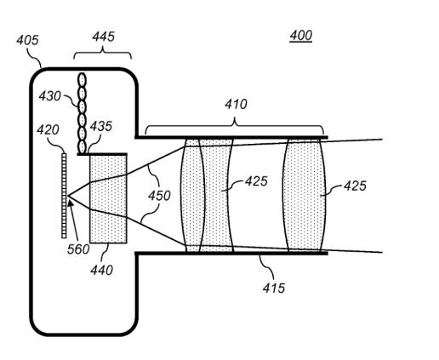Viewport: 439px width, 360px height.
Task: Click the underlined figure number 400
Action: click(301, 36)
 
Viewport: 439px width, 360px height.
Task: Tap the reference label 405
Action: click(27, 40)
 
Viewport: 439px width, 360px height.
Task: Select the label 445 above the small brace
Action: click(103, 37)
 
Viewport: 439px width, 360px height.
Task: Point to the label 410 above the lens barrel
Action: click(236, 104)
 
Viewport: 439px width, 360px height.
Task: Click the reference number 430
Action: click(49, 96)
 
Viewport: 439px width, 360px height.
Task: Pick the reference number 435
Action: click(101, 126)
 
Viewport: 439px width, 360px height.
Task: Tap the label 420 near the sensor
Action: click(48, 130)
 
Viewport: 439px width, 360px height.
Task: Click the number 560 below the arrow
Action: click(78, 249)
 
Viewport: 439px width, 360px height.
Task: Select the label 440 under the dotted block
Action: click(101, 270)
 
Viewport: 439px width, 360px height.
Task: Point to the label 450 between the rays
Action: click(159, 196)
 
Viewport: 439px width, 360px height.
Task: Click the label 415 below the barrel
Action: click(273, 289)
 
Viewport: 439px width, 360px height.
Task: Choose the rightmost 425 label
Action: click(355, 186)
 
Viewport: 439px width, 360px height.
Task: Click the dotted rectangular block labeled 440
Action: click(108, 198)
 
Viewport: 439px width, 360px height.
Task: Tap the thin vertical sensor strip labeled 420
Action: click(64, 196)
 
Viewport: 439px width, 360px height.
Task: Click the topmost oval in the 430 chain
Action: click(82, 80)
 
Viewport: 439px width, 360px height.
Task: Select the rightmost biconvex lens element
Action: click(304, 195)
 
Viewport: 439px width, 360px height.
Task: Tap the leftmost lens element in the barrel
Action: click(192, 195)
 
